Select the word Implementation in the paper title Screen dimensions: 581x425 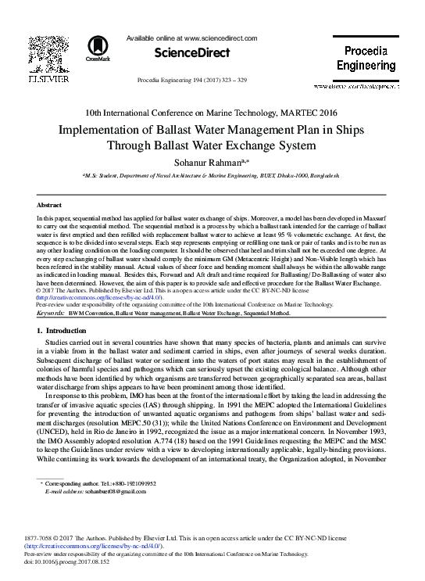click(104, 130)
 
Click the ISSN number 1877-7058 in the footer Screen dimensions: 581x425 click(51, 539)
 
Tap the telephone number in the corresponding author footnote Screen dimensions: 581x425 click(138, 484)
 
